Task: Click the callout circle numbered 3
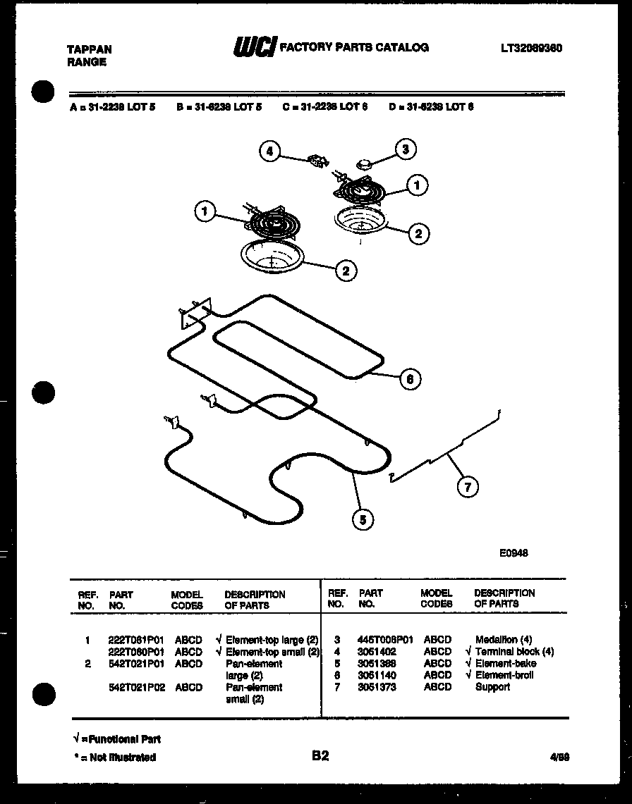(x=404, y=149)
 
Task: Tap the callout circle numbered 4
(x=269, y=151)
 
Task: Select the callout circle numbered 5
(x=363, y=520)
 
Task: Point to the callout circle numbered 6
(x=410, y=379)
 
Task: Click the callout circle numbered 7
(x=466, y=486)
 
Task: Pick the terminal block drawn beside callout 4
(x=316, y=162)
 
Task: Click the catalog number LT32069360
(x=531, y=48)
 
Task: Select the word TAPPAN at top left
(x=88, y=49)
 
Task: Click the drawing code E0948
(x=513, y=553)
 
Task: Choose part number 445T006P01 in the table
(x=384, y=640)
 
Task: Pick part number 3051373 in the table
(x=377, y=687)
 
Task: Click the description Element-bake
(x=505, y=663)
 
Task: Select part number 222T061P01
(x=135, y=640)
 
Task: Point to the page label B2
(x=320, y=756)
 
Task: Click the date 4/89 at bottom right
(x=559, y=757)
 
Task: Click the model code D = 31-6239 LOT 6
(x=431, y=107)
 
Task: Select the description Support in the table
(x=492, y=687)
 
